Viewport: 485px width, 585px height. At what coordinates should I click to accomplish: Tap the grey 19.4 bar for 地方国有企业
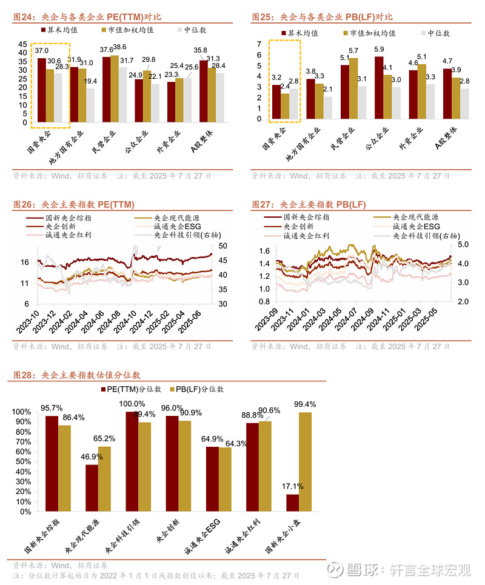[90, 105]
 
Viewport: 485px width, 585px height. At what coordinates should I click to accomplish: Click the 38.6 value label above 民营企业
[120, 47]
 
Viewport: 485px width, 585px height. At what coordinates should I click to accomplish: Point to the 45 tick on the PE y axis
[23, 44]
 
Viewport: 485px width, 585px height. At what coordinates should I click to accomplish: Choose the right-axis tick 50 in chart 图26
[222, 246]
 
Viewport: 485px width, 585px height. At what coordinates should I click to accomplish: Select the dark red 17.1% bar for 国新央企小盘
[293, 503]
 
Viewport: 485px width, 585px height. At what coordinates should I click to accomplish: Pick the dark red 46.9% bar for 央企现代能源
[92, 488]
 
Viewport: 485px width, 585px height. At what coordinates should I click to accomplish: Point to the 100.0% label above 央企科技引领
[132, 404]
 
